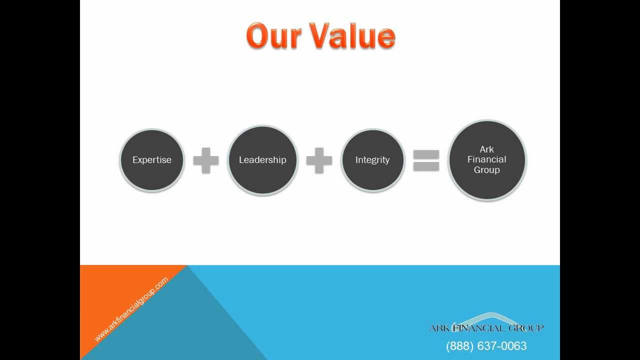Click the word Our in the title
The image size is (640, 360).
pyautogui.click(x=274, y=36)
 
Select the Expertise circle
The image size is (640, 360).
pyautogui.click(x=152, y=160)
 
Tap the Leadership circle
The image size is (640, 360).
pyautogui.click(x=262, y=160)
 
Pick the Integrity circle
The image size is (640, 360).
pyautogui.click(x=372, y=160)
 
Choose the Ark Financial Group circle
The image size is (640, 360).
pyautogui.click(x=487, y=160)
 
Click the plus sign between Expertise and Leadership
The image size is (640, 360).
pyautogui.click(x=206, y=160)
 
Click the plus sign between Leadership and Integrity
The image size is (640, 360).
pyautogui.click(x=319, y=160)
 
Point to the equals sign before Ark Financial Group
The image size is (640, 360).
pyautogui.click(x=426, y=160)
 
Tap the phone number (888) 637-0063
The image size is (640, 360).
pyautogui.click(x=486, y=346)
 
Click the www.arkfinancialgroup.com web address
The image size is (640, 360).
pyautogui.click(x=131, y=310)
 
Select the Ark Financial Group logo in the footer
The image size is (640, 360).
pyautogui.click(x=486, y=324)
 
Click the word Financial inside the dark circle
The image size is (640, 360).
pyautogui.click(x=487, y=159)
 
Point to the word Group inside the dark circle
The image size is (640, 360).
pyautogui.click(x=487, y=170)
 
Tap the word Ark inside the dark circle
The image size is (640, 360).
pyautogui.click(x=487, y=149)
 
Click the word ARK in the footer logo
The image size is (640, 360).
pyautogui.click(x=439, y=328)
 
